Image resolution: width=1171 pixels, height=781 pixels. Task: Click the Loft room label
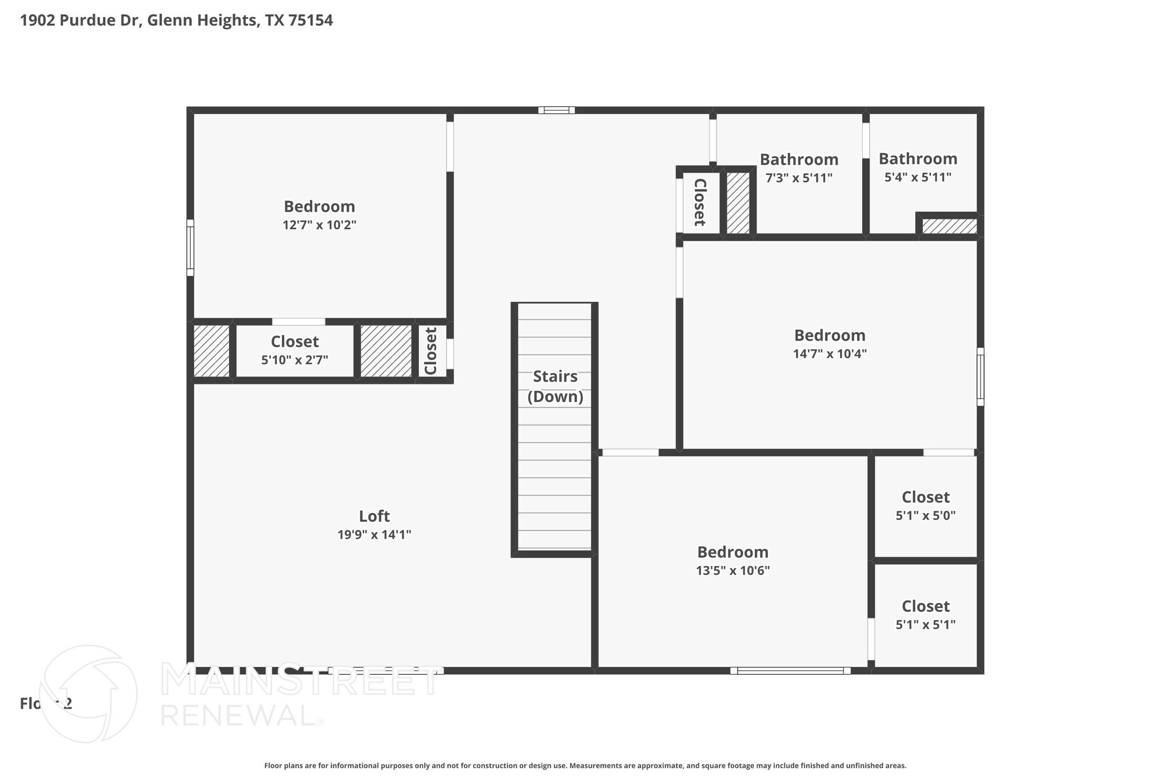pos(375,516)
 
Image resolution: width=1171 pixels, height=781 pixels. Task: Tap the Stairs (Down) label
pos(555,386)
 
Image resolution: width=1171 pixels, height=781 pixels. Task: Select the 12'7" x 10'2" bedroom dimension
pos(320,225)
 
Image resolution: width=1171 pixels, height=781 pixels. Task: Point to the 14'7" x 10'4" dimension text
pos(830,354)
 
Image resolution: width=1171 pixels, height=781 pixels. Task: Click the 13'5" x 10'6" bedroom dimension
pos(733,570)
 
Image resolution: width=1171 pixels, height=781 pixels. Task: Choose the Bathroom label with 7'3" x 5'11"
pos(799,159)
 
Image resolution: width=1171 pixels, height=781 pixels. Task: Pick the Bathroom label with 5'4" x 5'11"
pos(918,158)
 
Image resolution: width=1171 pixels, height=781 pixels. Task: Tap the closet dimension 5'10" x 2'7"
pos(294,360)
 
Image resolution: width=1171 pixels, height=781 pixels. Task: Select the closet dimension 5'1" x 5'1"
pos(926,625)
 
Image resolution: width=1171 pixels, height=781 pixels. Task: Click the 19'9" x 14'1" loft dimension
pos(375,535)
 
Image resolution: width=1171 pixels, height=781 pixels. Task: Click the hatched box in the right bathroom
pos(949,226)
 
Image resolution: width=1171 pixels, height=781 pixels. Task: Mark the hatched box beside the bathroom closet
pos(738,203)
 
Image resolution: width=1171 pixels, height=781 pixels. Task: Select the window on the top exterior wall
pos(556,110)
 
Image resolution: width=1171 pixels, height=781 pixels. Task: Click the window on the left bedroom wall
pos(190,248)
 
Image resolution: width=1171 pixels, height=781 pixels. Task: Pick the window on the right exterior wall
pos(980,376)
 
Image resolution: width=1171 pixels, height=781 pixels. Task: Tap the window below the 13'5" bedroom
pos(790,671)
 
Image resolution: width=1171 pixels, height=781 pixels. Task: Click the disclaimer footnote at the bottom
pos(585,766)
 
